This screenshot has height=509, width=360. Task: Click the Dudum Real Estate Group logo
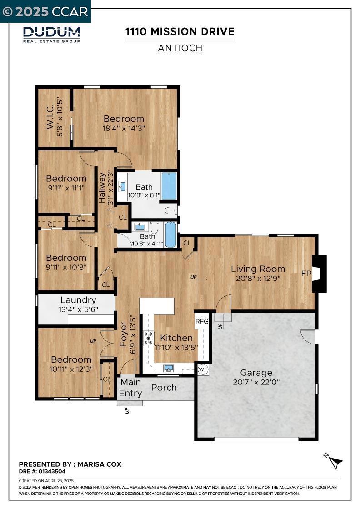51,35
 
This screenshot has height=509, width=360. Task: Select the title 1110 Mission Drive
180,31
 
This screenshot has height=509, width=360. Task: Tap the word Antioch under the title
180,48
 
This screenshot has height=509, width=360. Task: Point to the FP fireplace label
306,273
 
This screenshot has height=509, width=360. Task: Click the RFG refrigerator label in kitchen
202,321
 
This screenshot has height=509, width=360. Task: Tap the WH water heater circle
203,369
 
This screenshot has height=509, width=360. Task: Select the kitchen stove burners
149,338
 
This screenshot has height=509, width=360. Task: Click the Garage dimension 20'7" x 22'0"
256,382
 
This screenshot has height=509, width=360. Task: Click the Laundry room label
78,300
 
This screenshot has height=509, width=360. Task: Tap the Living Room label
258,269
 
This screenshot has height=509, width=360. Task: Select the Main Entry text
130,388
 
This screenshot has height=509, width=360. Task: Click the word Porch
164,388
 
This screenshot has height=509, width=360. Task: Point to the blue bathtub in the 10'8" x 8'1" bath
169,186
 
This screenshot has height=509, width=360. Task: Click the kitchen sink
169,368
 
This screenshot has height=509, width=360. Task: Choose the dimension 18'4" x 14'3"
124,128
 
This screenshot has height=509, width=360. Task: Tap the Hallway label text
102,188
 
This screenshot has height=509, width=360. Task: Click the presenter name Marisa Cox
100,464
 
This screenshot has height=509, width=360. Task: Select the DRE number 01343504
52,471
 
